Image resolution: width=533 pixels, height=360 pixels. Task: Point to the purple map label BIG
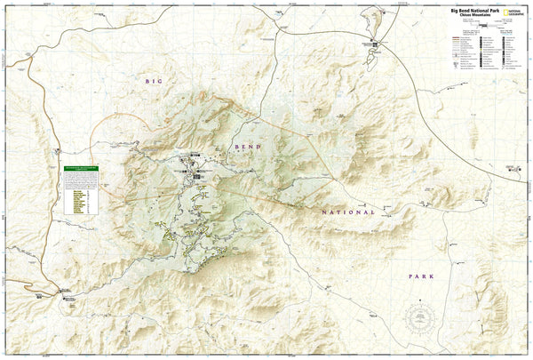[x=155, y=82]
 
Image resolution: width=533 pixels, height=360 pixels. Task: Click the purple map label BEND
[x=246, y=145]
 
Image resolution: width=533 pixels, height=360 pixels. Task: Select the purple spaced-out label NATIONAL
[x=343, y=212]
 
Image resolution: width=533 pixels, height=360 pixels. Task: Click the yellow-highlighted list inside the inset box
[x=77, y=201]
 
